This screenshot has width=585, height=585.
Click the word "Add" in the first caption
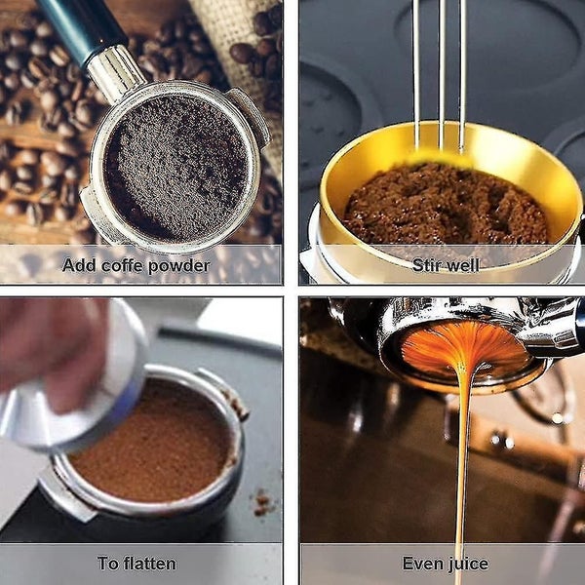click(79, 265)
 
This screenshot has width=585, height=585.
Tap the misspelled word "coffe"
click(123, 265)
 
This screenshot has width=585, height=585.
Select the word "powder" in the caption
click(178, 265)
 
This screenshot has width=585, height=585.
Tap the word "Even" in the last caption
click(421, 564)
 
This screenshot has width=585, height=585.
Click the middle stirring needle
click(440, 78)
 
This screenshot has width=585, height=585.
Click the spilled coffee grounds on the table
click(261, 502)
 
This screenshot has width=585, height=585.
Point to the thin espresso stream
click(459, 458)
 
